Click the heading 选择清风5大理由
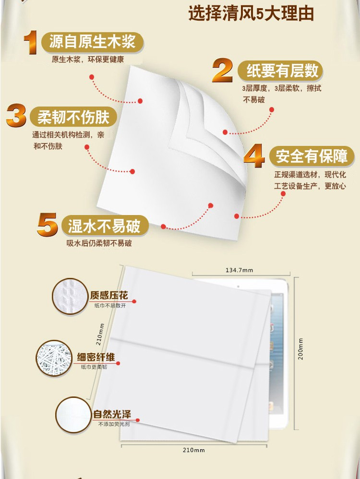coord(251,14)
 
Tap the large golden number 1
coord(30,42)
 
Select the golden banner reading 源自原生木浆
coord(92,42)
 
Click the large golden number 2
coord(222,71)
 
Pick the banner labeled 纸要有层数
coord(281,71)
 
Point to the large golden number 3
coord(16,116)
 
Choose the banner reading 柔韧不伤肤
coord(73,117)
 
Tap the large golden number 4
coord(254,156)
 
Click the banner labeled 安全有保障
coord(312,156)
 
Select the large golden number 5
coord(47,225)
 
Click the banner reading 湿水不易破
coord(104,226)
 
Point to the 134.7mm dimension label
coord(240,270)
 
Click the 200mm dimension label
coord(300,349)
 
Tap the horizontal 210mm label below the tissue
coord(194,450)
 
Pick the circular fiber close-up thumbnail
coord(54,358)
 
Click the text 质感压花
coord(109,295)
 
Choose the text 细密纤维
coord(96,357)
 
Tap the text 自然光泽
coord(112,414)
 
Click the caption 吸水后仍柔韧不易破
coord(99,243)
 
